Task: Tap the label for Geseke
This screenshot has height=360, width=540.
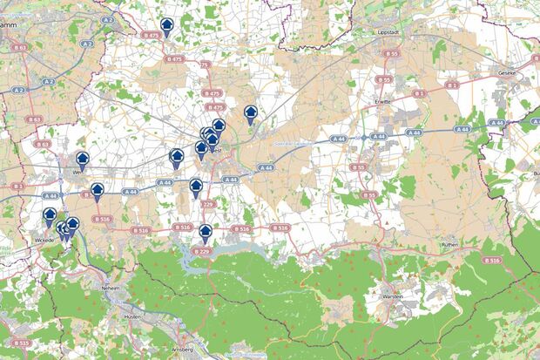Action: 508,72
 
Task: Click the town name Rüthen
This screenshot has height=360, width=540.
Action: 449,246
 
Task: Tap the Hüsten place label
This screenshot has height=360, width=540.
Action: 132,316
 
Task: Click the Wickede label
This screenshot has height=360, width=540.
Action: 44,238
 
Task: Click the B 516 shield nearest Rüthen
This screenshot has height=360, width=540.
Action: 491,260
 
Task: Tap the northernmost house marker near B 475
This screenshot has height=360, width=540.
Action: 166,27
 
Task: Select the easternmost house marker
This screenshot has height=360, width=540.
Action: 251,113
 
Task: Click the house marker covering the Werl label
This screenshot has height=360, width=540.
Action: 83,160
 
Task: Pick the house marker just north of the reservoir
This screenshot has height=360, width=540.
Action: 206,233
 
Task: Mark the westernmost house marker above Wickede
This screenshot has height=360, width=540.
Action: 50,215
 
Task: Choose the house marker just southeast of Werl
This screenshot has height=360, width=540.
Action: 98,190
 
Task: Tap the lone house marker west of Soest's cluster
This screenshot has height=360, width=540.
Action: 176,157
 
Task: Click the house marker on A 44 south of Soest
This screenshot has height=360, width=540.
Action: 196,187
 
